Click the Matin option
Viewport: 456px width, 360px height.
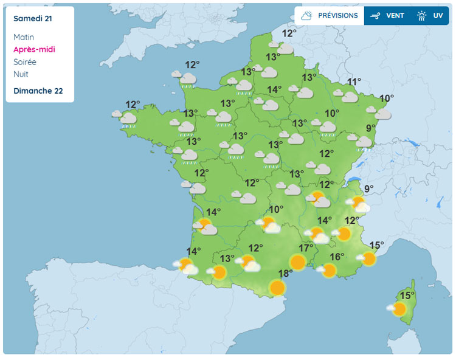24,37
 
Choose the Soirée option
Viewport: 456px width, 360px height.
25,62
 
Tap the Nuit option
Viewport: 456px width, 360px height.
21,74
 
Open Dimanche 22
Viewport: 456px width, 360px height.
38,91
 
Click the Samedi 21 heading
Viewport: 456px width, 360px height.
32,19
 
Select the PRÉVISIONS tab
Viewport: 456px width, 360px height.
329,16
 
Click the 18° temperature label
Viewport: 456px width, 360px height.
285,273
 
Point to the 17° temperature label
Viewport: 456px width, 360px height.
306,248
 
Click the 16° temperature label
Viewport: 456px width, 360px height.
337,257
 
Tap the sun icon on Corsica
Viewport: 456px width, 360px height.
398,309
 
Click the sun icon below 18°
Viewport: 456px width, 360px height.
277,287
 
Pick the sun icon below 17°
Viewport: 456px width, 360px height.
297,262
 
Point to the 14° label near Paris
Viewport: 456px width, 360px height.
275,90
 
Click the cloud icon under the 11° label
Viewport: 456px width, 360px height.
348,96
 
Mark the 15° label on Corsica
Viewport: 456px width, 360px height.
407,296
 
